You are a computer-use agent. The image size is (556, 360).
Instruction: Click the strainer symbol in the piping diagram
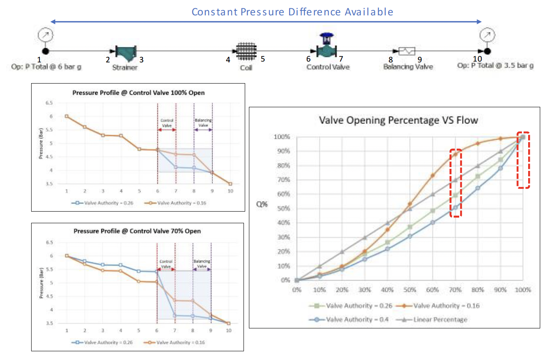click(123, 52)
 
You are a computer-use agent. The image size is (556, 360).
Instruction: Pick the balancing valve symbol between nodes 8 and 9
click(407, 51)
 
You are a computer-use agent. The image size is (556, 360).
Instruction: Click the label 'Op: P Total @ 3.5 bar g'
click(495, 66)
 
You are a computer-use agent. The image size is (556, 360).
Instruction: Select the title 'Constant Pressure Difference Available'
click(292, 12)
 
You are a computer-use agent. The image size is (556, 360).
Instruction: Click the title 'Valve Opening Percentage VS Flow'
click(398, 121)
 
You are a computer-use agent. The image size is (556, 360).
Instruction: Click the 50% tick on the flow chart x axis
click(410, 289)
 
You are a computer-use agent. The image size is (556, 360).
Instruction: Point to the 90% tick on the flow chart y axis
click(281, 151)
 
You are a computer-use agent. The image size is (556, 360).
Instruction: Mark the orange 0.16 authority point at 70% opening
click(455, 154)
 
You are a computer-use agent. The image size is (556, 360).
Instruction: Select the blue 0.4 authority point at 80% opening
click(478, 188)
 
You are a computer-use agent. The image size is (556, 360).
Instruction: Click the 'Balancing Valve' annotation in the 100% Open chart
click(203, 123)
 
